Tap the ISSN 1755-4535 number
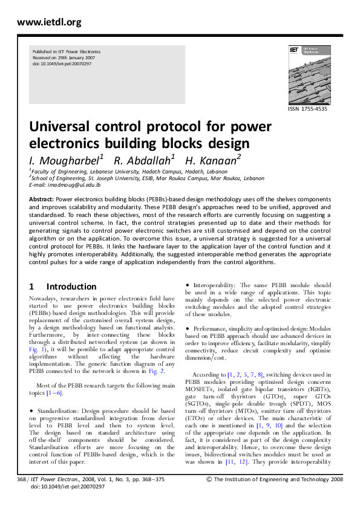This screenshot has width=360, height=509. pyautogui.click(x=308, y=109)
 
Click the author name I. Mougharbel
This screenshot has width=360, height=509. pyautogui.click(x=66, y=160)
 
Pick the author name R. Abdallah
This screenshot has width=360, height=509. pyautogui.click(x=145, y=160)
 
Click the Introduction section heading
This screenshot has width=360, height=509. pyautogui.click(x=71, y=287)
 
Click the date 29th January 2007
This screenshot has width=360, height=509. pyautogui.click(x=74, y=57)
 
